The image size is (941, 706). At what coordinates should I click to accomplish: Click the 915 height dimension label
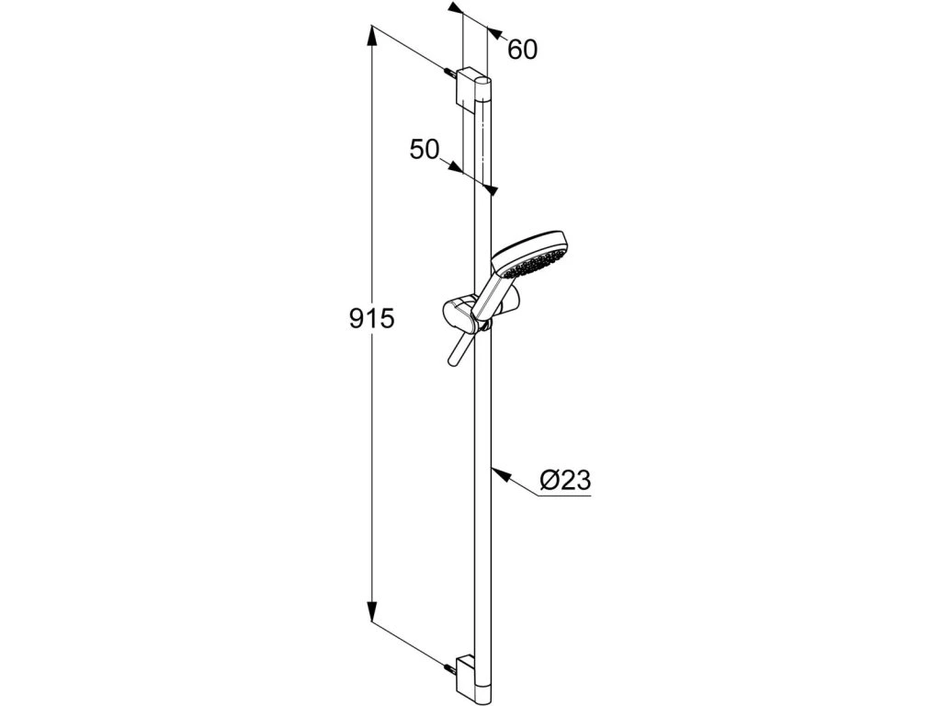[371, 319]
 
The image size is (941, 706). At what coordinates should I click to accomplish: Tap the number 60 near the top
[522, 50]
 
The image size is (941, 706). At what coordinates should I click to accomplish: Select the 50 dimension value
[425, 150]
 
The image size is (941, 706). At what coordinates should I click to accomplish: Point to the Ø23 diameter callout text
[564, 480]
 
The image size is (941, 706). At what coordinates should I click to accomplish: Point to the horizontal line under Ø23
[562, 497]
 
